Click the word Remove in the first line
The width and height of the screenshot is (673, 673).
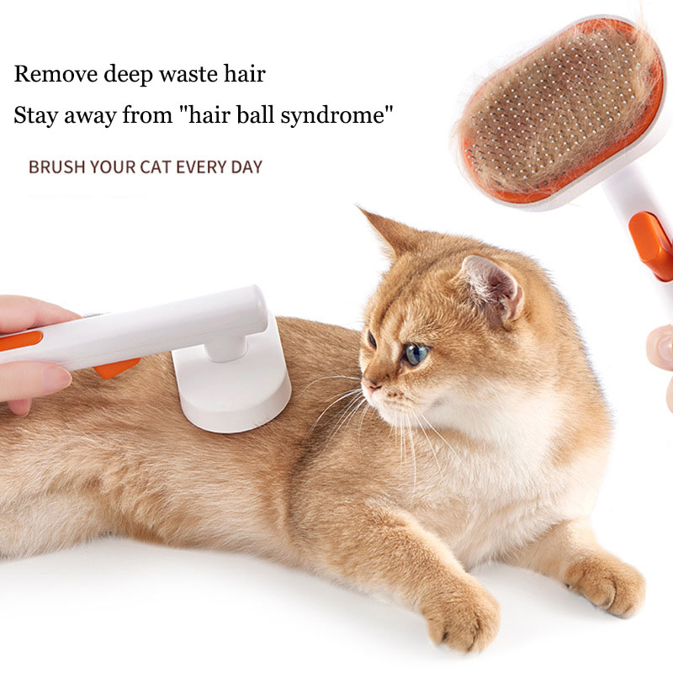56,74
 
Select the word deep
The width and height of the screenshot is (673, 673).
129,75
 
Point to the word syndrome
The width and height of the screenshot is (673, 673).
336,115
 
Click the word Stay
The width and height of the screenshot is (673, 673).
35,115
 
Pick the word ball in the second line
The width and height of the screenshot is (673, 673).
255,114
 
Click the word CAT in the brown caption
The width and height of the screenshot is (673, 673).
157,167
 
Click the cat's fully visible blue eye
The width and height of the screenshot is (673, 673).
416,354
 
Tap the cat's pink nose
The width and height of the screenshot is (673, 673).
370,384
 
